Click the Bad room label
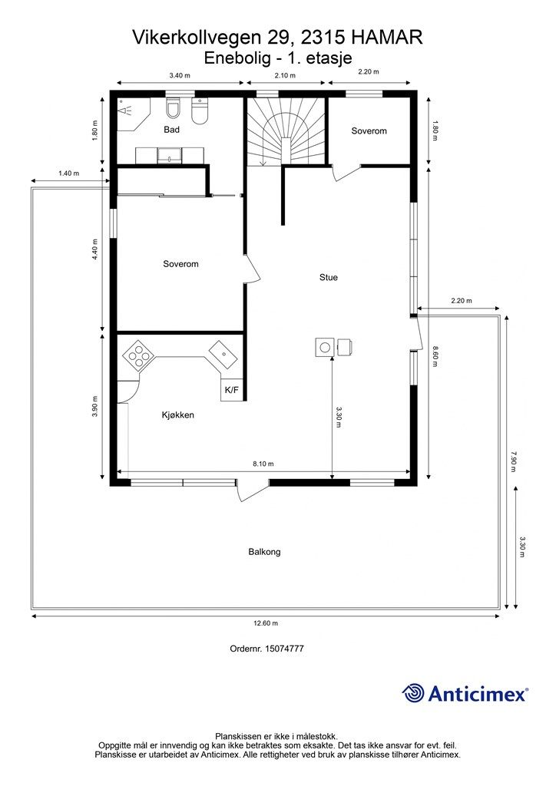171,130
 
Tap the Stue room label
329,277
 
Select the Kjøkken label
177,415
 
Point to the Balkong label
264,551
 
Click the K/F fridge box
231,391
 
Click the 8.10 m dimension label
263,464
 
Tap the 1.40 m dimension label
69,173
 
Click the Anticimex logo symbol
413,693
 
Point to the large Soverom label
180,264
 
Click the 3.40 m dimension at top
179,75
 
